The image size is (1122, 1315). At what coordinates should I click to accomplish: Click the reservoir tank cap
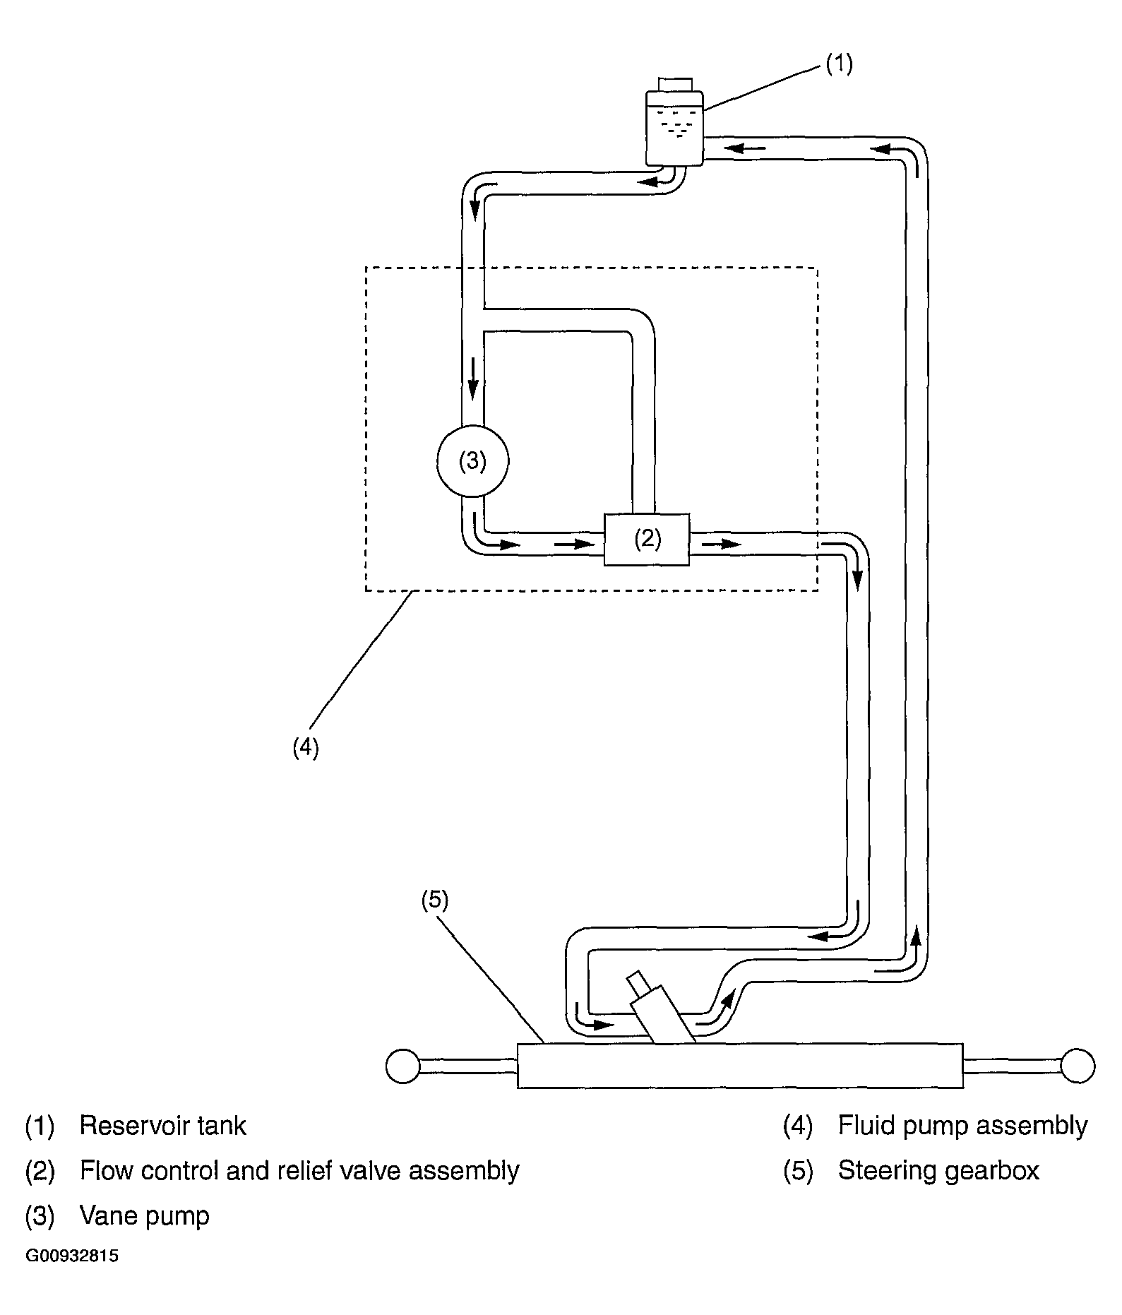[675, 85]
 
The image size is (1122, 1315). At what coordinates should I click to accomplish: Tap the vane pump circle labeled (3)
[472, 461]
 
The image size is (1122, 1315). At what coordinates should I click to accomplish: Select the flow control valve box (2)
[647, 540]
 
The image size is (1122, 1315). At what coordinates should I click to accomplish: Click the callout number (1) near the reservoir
[839, 64]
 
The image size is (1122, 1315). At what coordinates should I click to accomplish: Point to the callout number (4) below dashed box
[306, 748]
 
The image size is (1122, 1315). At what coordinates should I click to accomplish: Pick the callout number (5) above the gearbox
[435, 900]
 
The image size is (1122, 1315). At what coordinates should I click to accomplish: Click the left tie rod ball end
[403, 1066]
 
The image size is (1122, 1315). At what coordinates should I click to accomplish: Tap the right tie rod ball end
[1078, 1066]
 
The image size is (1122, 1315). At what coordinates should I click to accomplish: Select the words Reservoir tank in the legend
[163, 1126]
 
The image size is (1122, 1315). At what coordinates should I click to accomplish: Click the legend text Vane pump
[145, 1216]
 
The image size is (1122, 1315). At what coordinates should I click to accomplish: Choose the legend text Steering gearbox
[939, 1171]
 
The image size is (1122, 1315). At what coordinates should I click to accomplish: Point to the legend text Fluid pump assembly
[963, 1126]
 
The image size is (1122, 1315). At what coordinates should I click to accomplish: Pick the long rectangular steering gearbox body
[740, 1065]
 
